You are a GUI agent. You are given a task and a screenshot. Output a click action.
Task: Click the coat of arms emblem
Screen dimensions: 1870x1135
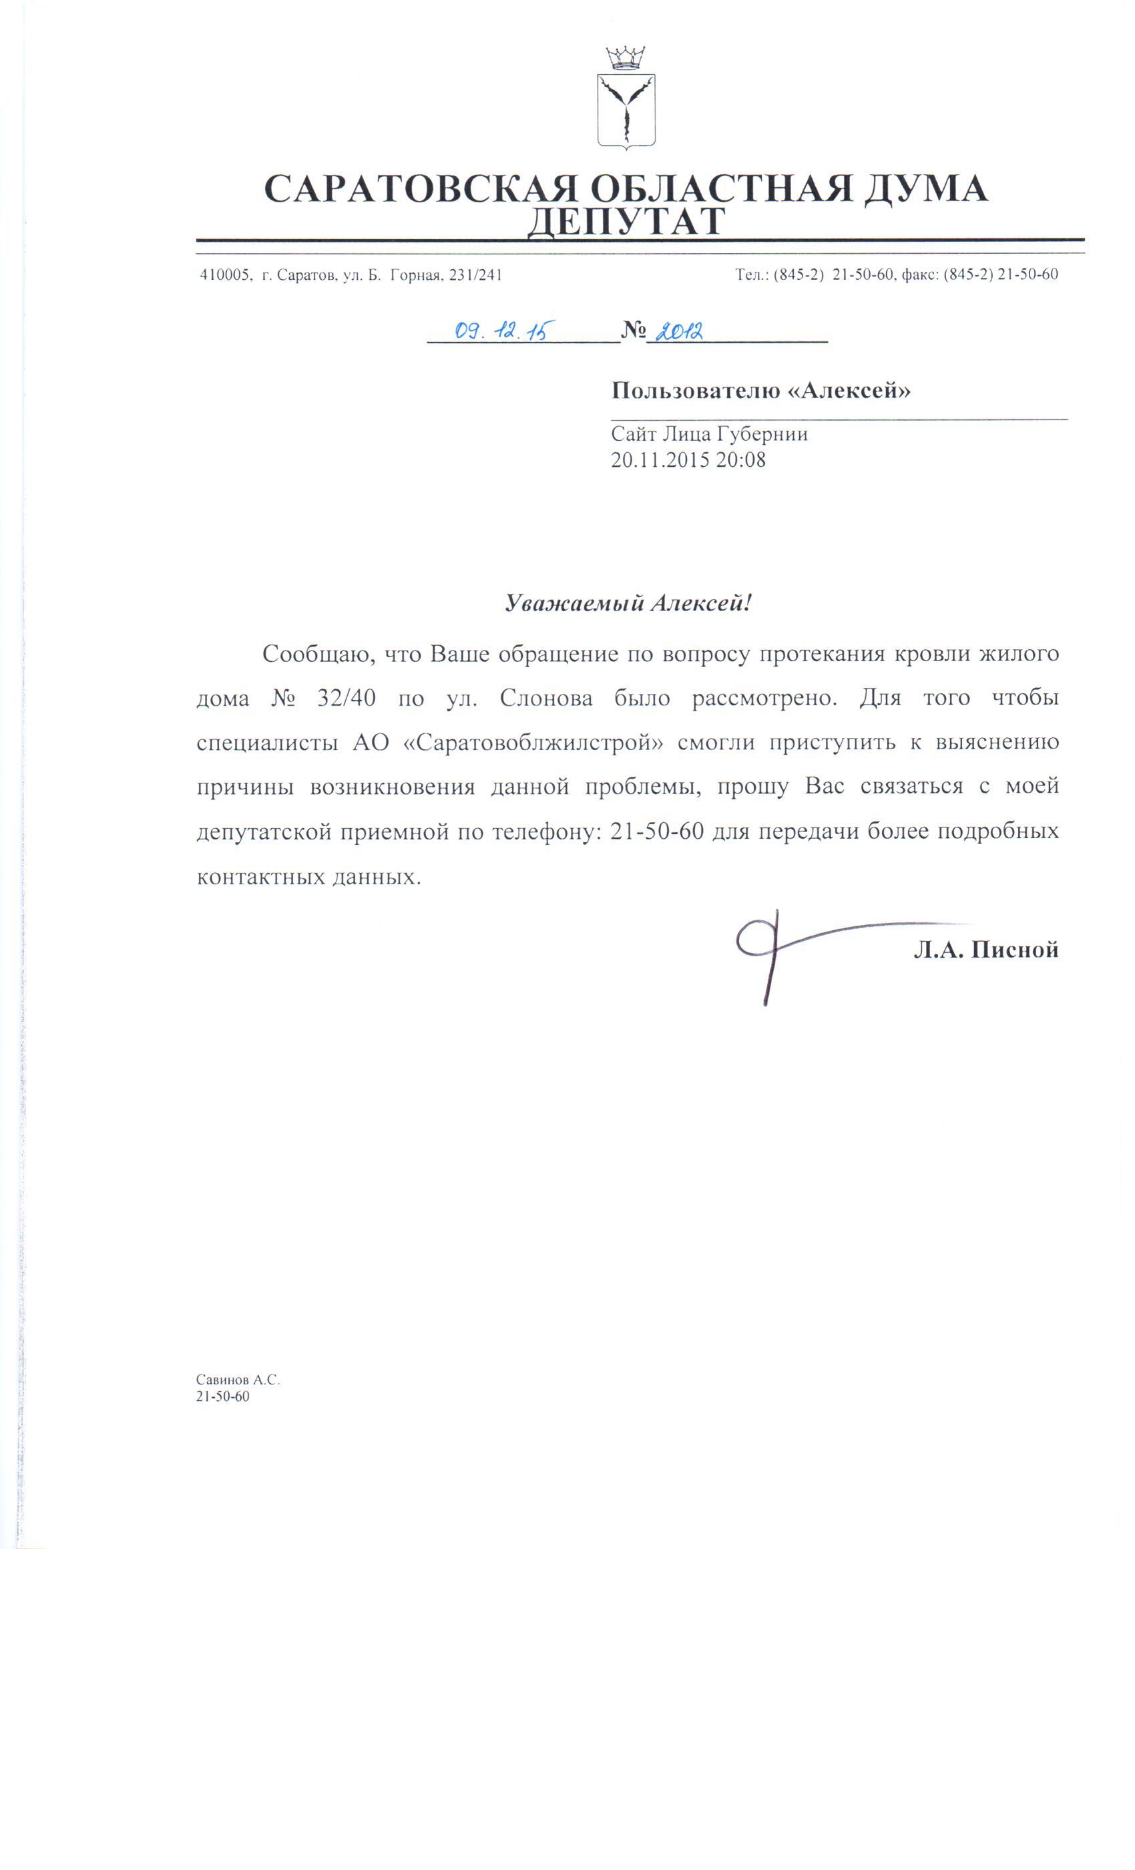(x=625, y=110)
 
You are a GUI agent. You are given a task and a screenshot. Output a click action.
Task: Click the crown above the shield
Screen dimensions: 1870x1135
(x=625, y=57)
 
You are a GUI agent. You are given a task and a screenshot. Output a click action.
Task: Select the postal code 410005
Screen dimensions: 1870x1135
(x=224, y=274)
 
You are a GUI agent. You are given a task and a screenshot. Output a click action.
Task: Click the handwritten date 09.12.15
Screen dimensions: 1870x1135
(x=501, y=330)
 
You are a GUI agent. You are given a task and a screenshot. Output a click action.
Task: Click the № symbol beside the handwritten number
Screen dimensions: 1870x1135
(x=632, y=330)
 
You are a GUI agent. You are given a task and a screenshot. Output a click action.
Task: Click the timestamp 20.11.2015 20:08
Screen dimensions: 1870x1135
(x=688, y=459)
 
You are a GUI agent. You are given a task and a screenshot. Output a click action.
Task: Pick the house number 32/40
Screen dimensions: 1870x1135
(x=346, y=697)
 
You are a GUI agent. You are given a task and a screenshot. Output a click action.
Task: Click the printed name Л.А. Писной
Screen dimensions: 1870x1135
(x=985, y=948)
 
